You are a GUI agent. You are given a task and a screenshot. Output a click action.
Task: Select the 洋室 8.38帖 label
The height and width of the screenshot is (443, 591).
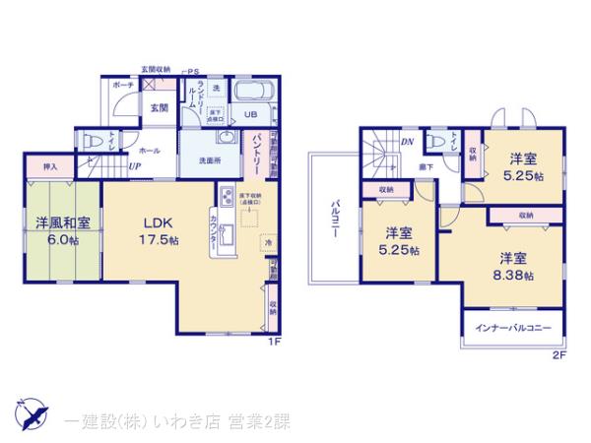click(x=512, y=267)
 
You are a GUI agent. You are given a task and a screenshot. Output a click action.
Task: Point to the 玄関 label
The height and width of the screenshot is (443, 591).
click(x=159, y=108)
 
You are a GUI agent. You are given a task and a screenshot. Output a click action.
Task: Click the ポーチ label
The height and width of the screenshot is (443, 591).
click(x=123, y=86)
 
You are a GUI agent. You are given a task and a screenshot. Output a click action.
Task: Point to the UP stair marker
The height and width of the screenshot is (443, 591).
click(x=134, y=167)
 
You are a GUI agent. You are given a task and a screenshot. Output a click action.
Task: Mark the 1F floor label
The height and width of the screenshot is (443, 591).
click(x=278, y=342)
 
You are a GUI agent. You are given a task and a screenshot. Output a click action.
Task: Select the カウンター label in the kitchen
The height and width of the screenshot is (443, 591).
click(x=214, y=230)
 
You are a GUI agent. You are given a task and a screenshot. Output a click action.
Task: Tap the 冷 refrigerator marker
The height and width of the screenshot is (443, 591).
click(x=266, y=242)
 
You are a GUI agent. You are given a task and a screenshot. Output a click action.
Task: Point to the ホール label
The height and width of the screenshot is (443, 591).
click(x=149, y=151)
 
